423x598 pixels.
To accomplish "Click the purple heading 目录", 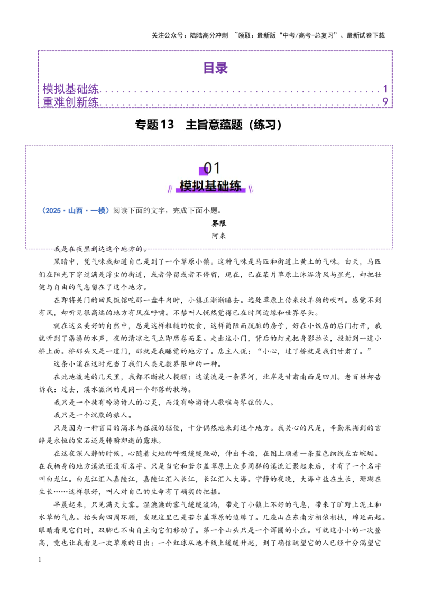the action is point(215,68).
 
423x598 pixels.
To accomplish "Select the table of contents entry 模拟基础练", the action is point(71,89).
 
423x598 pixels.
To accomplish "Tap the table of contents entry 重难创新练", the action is point(71,102).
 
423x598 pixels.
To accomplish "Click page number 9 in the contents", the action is point(385,102).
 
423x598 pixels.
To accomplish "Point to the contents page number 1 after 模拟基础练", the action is point(385,89).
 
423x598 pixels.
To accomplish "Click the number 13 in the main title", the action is point(167,125).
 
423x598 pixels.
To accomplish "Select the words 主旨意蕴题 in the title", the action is point(214,125).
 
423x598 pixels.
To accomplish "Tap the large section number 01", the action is point(212,168).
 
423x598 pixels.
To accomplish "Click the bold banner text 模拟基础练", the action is point(210,186).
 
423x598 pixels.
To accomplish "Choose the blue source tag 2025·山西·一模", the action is point(75,211).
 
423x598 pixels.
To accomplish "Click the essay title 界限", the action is point(219,223).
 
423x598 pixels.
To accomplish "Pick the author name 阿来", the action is point(219,236).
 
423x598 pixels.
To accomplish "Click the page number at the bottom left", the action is point(40,559).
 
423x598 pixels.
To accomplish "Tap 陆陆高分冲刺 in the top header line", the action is point(208,35).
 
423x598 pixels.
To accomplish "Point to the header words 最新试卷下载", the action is point(366,35).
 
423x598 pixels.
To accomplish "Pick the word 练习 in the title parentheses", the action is point(264,125).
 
